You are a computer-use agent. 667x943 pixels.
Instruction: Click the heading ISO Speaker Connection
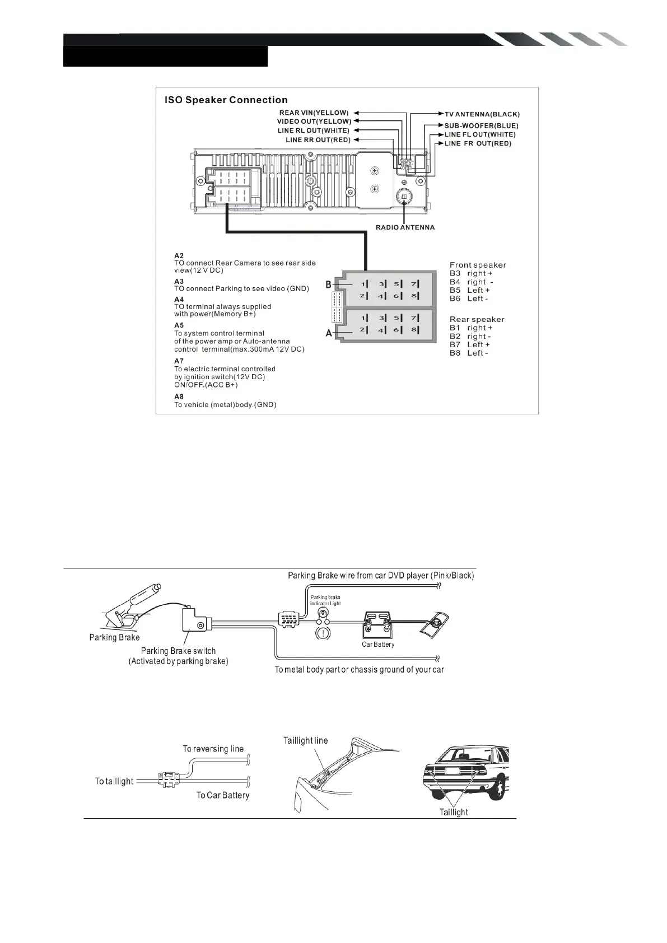click(x=226, y=100)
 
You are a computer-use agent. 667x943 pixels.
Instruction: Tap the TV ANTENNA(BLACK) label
click(x=482, y=114)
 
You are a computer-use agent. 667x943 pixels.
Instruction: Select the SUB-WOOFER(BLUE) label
click(x=481, y=126)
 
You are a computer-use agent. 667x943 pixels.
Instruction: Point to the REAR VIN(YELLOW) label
click(x=314, y=113)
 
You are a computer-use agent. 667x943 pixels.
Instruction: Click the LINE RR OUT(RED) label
click(x=318, y=139)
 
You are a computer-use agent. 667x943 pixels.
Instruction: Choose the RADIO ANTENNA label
click(x=405, y=228)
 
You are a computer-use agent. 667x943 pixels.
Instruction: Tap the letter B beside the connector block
click(x=329, y=285)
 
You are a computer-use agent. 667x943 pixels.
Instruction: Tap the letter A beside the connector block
click(x=329, y=333)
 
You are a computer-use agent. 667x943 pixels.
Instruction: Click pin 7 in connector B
click(x=414, y=284)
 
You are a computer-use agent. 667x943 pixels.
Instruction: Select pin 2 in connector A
click(x=363, y=330)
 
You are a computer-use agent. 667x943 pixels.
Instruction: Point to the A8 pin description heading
click(x=179, y=396)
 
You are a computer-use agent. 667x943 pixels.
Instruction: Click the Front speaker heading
click(x=478, y=265)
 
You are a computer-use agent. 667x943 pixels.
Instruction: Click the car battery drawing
click(x=377, y=626)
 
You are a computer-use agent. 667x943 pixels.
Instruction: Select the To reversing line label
click(x=213, y=749)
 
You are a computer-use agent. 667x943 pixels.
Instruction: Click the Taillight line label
click(x=306, y=740)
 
